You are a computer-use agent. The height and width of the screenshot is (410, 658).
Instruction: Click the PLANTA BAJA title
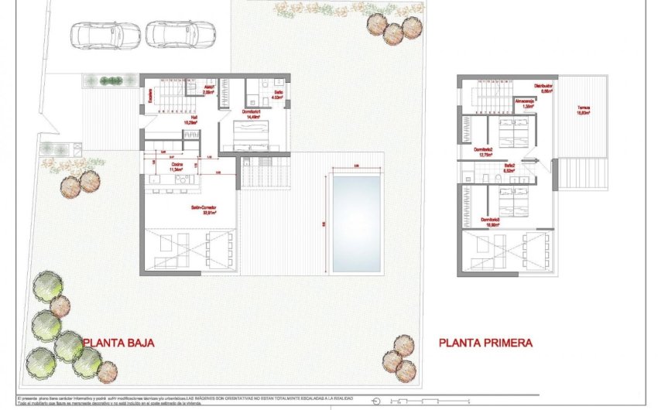[x=119, y=342]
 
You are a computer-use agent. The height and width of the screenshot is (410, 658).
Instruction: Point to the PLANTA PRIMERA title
[x=485, y=342]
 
